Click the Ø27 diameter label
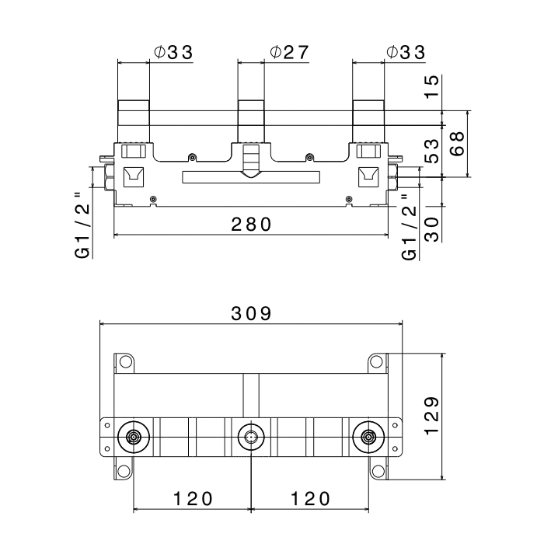click(x=289, y=52)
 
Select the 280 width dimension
click(x=252, y=224)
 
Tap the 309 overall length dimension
click(x=252, y=314)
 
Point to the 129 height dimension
click(x=432, y=416)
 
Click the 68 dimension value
click(x=457, y=144)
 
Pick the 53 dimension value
click(x=432, y=151)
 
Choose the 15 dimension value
click(x=432, y=87)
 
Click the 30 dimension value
click(x=432, y=229)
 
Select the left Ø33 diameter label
click(x=173, y=52)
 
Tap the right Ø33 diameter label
click(x=406, y=52)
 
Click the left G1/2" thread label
click(x=82, y=225)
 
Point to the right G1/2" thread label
click(x=409, y=227)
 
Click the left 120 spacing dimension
click(x=193, y=499)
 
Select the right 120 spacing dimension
click(x=310, y=499)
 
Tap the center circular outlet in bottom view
click(x=251, y=437)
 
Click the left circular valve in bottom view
click(x=134, y=437)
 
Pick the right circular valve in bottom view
click(x=368, y=437)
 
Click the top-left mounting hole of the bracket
click(x=126, y=362)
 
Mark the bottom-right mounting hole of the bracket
click(x=378, y=471)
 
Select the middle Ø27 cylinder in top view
click(x=251, y=121)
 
